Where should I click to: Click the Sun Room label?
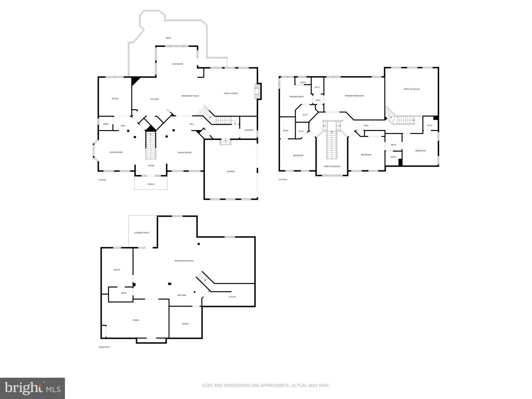[x=177, y=64]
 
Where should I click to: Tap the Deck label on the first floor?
[x=168, y=38]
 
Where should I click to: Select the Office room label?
[x=115, y=99]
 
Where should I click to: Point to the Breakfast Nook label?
[x=190, y=96]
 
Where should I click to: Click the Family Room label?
[x=231, y=93]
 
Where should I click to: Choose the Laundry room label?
[x=249, y=130]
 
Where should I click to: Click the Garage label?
[x=231, y=171]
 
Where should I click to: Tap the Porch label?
[x=151, y=184]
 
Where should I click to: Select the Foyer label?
[x=151, y=166]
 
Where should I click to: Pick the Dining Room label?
[x=184, y=153]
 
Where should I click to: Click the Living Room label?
[x=116, y=152]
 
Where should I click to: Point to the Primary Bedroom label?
[x=354, y=96]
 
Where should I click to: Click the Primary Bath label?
[x=296, y=97]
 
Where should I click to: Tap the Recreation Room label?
[x=184, y=261]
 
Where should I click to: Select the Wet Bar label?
[x=181, y=296]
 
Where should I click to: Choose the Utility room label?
[x=232, y=297]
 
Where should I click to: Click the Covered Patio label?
[x=141, y=233]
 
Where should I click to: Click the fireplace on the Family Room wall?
[x=258, y=91]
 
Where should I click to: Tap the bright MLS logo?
[x=33, y=388]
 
